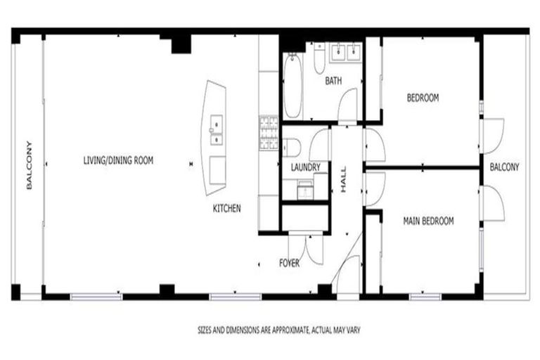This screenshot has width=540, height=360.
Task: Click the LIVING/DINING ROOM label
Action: [117, 161]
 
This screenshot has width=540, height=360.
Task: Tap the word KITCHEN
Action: [227, 209]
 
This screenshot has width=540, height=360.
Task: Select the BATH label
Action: [333, 82]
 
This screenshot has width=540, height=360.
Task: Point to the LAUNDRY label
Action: [305, 167]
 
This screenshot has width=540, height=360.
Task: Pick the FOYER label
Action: [289, 263]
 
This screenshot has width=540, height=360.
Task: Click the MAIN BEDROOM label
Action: [428, 221]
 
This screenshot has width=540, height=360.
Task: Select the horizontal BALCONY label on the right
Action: [504, 167]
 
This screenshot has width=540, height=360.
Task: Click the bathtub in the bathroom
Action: [292, 87]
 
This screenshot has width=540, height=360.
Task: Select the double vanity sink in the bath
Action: [345, 51]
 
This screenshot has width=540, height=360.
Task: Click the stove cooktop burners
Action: [268, 131]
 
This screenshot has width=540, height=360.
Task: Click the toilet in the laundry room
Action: [293, 147]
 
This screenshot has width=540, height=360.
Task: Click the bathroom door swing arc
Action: [347, 105]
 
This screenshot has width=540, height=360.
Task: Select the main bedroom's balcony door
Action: [493, 203]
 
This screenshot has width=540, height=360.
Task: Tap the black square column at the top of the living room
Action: [181, 44]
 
